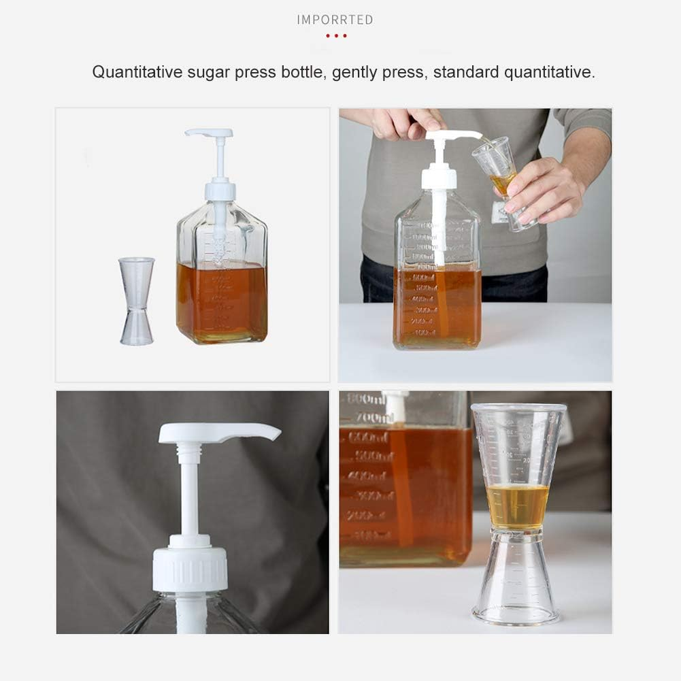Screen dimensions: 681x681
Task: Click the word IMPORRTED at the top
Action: pos(335,20)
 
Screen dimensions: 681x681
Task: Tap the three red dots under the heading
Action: pos(336,35)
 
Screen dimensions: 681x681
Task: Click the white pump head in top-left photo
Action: pos(208,133)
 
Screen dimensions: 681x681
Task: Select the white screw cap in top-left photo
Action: pos(220,190)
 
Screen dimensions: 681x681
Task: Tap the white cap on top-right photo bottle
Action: pos(439,178)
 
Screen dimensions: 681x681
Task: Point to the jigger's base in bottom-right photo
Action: pos(516,609)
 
